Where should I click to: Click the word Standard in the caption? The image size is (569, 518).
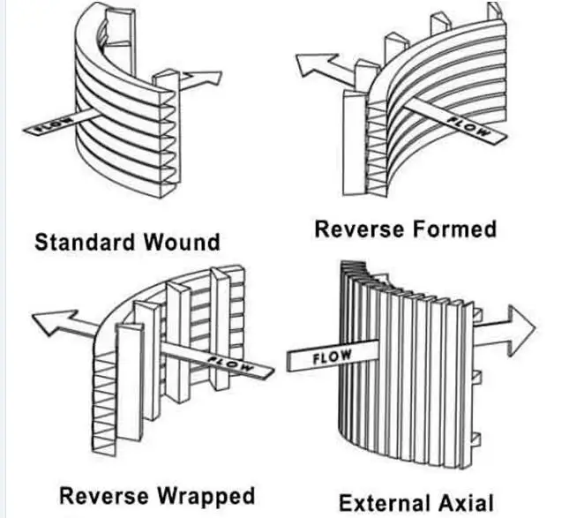[85, 242]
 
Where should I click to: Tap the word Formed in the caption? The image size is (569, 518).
[454, 229]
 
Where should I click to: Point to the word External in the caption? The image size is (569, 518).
[386, 503]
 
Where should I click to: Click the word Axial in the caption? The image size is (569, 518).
[466, 503]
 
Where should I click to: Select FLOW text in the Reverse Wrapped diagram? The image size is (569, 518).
[230, 364]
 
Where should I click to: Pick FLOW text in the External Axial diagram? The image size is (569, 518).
[332, 357]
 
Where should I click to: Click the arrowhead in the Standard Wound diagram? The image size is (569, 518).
[203, 79]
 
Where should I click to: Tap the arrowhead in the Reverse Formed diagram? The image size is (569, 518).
[315, 64]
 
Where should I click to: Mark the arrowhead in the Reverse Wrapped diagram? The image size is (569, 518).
[55, 322]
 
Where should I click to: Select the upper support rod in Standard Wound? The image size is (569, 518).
[121, 41]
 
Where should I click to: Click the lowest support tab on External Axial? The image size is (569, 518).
[475, 439]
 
